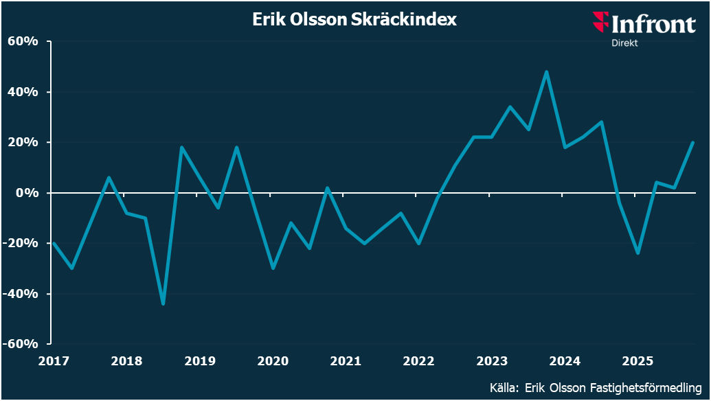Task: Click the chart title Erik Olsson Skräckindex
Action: pos(354,20)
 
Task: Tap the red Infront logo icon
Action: pos(600,22)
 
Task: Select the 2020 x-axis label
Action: pos(272,360)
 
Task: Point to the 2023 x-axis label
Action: pos(491,360)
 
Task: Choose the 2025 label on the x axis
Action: pos(637,360)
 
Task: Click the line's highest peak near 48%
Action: pos(546,71)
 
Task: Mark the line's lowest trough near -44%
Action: pos(163,303)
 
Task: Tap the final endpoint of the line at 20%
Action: pos(693,142)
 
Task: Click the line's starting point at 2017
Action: pos(54,243)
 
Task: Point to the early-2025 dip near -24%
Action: pos(638,253)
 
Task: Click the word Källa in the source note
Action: pos(504,387)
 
